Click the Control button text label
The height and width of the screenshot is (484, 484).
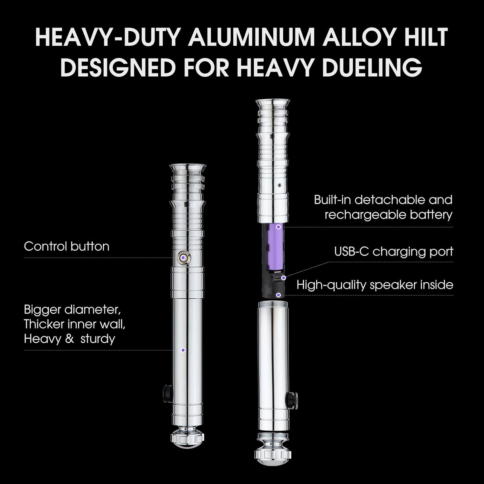click(66, 247)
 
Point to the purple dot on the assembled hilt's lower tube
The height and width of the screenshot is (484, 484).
click(183, 350)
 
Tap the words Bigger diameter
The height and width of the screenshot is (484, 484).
click(72, 309)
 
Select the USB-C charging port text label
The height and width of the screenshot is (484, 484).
click(393, 251)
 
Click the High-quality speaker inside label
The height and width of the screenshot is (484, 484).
click(375, 285)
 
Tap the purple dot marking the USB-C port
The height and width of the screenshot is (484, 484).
click(283, 277)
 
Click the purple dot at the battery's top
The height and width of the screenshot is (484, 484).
click(278, 227)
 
